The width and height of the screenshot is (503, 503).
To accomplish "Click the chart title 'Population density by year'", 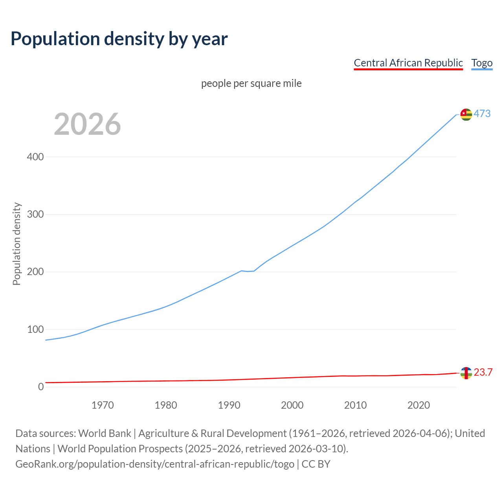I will pos(119,39).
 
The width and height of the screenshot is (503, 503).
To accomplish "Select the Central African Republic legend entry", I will pos(408,63).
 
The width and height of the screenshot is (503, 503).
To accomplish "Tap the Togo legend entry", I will pos(482,63).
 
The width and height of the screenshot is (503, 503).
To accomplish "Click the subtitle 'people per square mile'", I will pos(251,83).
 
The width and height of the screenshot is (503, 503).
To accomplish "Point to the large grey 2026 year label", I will pos(87,124).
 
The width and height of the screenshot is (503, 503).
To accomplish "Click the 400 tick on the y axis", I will pos(35,157).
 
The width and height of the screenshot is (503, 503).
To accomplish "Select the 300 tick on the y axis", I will pos(35,214).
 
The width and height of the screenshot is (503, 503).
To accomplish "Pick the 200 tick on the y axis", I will pos(35,272).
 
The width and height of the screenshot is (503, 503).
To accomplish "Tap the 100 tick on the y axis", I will pos(35,329).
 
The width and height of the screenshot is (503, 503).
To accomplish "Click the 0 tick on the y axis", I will pos(41,387).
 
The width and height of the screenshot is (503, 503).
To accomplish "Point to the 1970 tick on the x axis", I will pos(103,405).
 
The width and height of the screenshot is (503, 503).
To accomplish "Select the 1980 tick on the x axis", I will pos(166,405).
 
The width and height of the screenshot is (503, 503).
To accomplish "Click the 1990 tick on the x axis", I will pos(229,405).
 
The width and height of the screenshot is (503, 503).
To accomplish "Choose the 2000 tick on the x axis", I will pos(292,405).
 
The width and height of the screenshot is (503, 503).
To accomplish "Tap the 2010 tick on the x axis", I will pos(355,405).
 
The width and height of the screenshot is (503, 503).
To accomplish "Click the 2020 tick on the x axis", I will pos(419,405).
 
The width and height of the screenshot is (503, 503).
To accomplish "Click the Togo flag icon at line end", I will pos(466,114).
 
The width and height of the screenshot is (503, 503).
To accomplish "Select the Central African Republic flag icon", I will pos(466,373).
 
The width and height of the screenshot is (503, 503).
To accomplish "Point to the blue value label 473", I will pos(482,114).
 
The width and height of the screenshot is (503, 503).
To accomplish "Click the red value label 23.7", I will pos(483,372).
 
